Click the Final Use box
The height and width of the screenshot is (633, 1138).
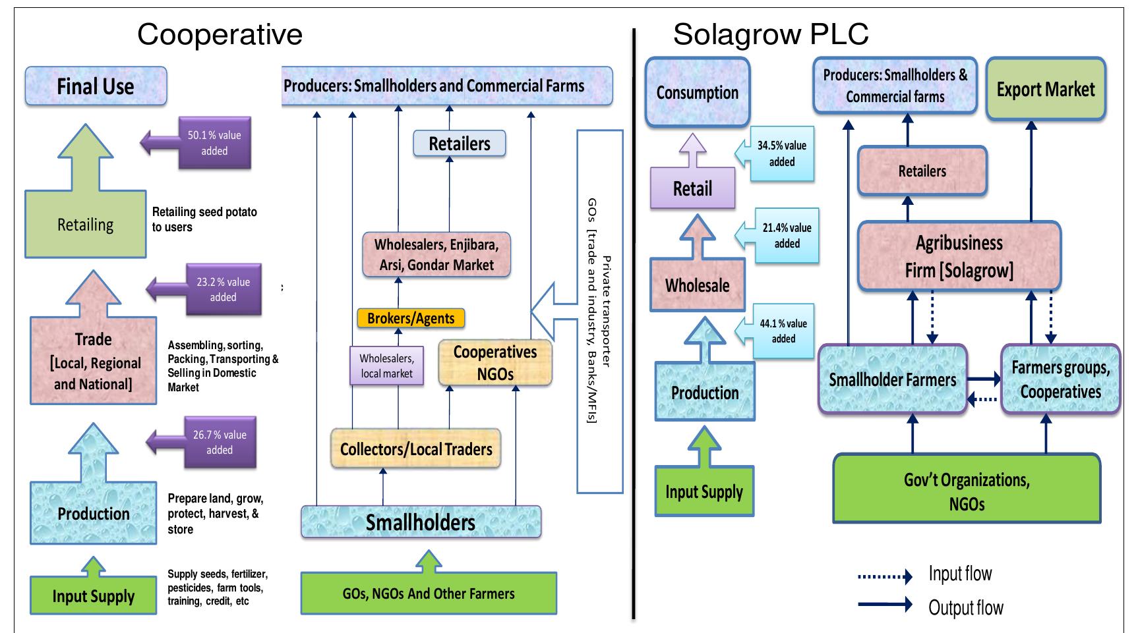96,86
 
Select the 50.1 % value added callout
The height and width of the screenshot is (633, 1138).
215,143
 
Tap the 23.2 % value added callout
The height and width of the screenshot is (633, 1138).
224,289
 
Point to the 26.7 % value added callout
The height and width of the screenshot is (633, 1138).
220,442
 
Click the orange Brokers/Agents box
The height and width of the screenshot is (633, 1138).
411,319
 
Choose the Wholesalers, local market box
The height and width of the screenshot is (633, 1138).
386,366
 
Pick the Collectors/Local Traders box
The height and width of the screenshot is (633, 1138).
415,449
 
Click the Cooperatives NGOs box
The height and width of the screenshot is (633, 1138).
495,363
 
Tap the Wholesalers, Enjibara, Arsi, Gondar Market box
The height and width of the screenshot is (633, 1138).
436,254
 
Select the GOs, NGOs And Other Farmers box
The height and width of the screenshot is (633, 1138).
429,593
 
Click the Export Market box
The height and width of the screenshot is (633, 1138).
1045,90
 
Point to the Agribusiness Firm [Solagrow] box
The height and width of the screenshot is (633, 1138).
959,256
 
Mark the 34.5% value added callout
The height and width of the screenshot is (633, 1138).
782,153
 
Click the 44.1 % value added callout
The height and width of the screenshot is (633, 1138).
783,331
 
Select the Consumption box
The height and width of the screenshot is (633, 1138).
697,93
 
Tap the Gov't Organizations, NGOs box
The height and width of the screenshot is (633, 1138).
967,491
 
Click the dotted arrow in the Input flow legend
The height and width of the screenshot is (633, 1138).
885,577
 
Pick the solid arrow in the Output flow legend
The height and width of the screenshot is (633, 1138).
885,605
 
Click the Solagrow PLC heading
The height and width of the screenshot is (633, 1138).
771,34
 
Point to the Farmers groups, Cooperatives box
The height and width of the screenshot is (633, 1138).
1060,379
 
